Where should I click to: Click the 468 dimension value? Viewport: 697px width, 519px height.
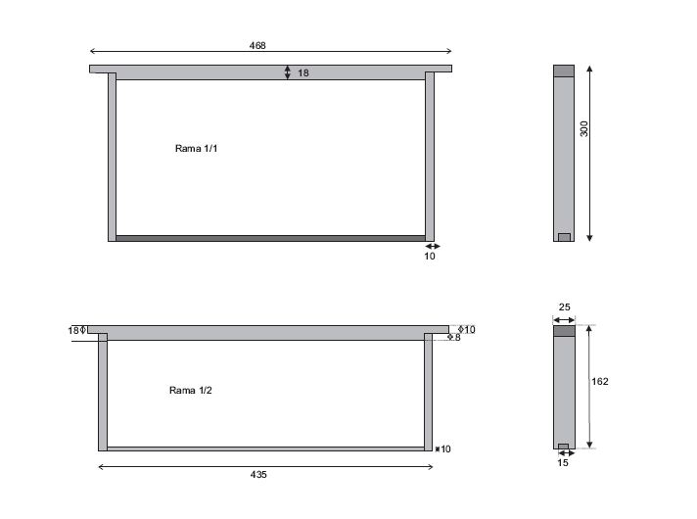257,45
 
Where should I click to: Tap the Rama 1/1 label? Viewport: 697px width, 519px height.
196,149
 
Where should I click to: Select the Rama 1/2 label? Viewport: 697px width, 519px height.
190,391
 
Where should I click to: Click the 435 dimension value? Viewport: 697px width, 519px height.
258,475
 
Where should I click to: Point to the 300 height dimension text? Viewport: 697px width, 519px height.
584,129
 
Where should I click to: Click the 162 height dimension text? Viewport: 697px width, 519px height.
600,382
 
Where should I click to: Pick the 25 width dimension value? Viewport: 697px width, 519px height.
564,307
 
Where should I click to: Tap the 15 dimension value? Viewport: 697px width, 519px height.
563,463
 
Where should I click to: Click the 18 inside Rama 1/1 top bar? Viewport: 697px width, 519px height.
303,72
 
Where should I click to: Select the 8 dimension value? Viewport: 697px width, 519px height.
457,338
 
